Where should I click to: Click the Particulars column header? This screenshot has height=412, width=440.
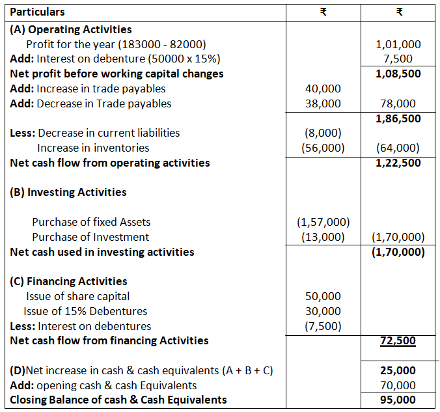(x=38, y=12)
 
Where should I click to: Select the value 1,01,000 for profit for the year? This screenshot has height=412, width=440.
(x=398, y=44)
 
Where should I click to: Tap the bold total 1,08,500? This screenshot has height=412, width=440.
(x=398, y=74)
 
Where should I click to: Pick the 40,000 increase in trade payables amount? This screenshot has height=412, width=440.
(x=323, y=89)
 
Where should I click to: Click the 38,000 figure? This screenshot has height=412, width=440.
(x=323, y=103)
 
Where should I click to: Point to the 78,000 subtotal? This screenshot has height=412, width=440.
(x=398, y=103)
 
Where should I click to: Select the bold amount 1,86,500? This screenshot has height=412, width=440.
(x=398, y=118)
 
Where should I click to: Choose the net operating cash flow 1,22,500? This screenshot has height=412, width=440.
(x=398, y=163)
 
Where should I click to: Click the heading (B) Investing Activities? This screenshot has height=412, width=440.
(x=68, y=192)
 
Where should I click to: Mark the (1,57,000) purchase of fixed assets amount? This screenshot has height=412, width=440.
(x=323, y=222)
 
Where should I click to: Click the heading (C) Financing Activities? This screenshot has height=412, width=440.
(x=69, y=281)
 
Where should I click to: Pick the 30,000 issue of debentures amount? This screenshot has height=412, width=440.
(x=323, y=311)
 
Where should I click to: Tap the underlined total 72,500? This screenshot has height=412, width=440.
(x=398, y=340)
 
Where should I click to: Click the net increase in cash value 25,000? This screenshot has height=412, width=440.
(x=398, y=370)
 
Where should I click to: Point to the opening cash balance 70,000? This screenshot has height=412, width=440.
(x=398, y=385)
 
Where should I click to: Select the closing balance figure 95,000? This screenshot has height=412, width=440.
(x=398, y=400)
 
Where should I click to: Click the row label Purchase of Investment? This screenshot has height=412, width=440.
(x=90, y=237)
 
